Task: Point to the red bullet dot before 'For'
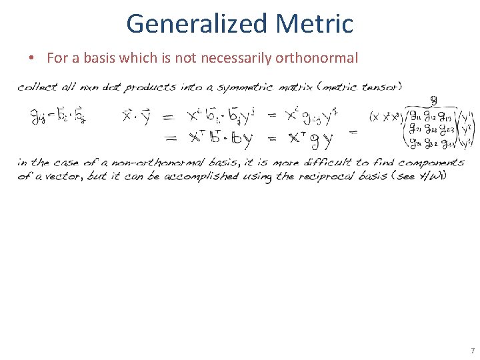[x=32, y=59]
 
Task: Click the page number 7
[x=472, y=351]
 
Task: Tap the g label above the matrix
[x=433, y=100]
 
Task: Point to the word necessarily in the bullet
[x=230, y=58]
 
